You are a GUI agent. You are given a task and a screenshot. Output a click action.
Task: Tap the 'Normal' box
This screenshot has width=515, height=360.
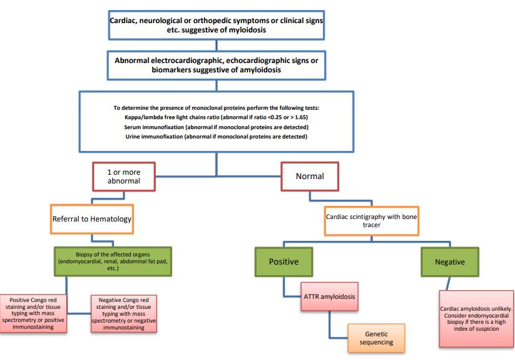[310, 177]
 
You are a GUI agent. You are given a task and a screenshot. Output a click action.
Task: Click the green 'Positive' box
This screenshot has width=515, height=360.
[284, 262]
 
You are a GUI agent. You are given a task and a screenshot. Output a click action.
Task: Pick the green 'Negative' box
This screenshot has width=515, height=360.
[450, 262]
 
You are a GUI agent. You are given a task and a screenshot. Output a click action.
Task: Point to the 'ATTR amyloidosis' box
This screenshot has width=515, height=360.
[330, 297]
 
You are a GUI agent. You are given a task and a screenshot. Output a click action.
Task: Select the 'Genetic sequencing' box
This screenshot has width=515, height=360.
[376, 338]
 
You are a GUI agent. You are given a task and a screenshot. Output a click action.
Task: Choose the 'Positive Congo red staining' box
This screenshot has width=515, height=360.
[34, 313]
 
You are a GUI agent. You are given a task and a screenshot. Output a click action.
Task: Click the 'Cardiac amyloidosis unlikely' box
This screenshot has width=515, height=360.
[476, 318]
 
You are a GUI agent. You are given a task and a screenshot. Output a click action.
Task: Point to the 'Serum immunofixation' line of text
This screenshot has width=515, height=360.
[216, 127]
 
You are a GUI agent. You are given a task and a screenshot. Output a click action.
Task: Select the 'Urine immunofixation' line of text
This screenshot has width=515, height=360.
[216, 137]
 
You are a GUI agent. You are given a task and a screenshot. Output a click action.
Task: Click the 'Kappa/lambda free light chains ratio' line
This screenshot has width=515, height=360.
[216, 117]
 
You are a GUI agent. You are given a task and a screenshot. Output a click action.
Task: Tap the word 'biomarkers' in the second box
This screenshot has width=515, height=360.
[171, 71]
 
